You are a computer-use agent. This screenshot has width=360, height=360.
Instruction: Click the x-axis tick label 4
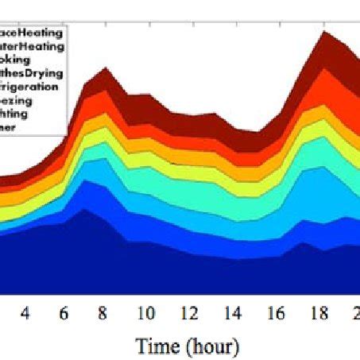tap(25, 314)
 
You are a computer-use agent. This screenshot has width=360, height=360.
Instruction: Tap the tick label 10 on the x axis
tap(145, 314)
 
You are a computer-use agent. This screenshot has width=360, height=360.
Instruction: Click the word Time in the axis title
tap(157, 346)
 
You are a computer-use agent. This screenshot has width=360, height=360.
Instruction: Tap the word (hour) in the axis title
tap(209, 346)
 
